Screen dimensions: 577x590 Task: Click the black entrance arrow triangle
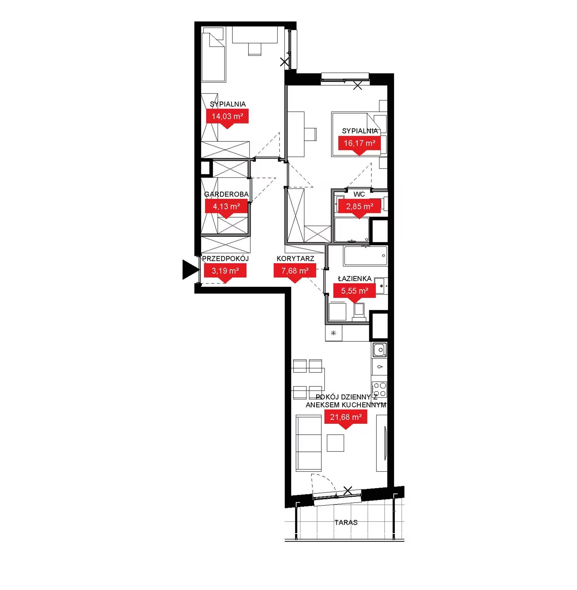pos(190,269)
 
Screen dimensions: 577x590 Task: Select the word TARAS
pos(346,522)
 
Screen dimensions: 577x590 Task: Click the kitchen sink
pos(380,350)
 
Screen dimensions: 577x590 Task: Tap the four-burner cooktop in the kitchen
pos(380,389)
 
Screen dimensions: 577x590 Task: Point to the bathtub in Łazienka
pos(366,256)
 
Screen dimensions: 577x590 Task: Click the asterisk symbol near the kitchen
pos(334,333)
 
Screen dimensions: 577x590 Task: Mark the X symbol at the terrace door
pos(348,491)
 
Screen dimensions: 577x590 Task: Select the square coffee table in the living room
pos(335,443)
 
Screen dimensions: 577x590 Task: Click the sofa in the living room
pos(309,443)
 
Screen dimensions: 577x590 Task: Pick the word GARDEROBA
pos(226,194)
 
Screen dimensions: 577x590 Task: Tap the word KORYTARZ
pos(295,259)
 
